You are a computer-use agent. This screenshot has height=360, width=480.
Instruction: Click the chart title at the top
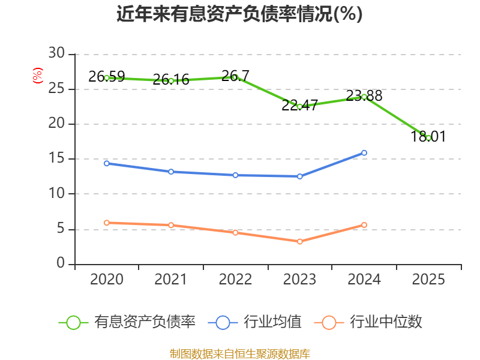click(x=239, y=14)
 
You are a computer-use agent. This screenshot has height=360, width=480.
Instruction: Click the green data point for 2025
click(x=428, y=138)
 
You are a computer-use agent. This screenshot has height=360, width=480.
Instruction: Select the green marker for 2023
click(x=299, y=106)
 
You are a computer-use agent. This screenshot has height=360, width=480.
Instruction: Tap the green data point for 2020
click(x=107, y=78)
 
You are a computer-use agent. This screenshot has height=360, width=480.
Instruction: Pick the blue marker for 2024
click(x=364, y=153)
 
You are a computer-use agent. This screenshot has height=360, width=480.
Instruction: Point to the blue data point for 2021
click(x=171, y=172)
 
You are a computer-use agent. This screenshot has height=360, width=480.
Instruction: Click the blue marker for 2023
click(x=299, y=176)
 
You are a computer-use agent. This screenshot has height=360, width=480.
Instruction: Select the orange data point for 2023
click(x=299, y=241)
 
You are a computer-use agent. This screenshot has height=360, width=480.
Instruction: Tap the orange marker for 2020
click(x=107, y=223)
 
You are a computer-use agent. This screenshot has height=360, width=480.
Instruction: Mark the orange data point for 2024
click(x=364, y=225)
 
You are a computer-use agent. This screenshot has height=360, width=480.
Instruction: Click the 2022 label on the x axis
click(x=235, y=280)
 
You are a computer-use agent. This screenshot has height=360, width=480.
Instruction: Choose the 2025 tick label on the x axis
click(x=428, y=280)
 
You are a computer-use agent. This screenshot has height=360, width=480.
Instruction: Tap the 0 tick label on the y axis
click(x=60, y=264)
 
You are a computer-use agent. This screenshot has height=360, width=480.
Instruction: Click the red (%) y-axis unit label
click(x=38, y=76)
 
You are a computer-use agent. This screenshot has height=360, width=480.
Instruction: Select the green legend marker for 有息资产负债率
click(x=73, y=322)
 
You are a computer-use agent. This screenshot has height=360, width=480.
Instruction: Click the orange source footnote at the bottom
click(x=239, y=353)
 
